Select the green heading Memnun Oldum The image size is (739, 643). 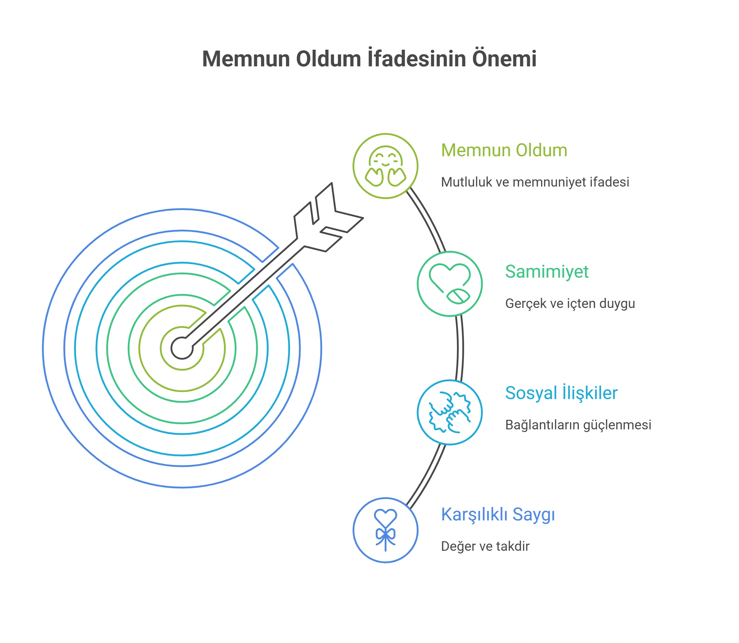(x=504, y=150)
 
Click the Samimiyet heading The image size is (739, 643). (x=547, y=272)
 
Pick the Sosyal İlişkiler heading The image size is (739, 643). (x=561, y=392)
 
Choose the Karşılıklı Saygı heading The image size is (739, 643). (x=498, y=514)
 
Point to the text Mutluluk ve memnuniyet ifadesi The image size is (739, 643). (x=535, y=182)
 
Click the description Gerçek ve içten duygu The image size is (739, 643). (x=570, y=303)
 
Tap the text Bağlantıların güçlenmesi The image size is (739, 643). (x=578, y=425)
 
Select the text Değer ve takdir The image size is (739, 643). (x=485, y=546)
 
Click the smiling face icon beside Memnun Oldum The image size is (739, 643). (x=386, y=166)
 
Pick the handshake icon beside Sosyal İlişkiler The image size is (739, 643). (x=450, y=412)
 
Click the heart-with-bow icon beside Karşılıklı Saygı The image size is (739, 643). (x=386, y=530)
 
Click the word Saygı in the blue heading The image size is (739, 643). (x=533, y=515)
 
